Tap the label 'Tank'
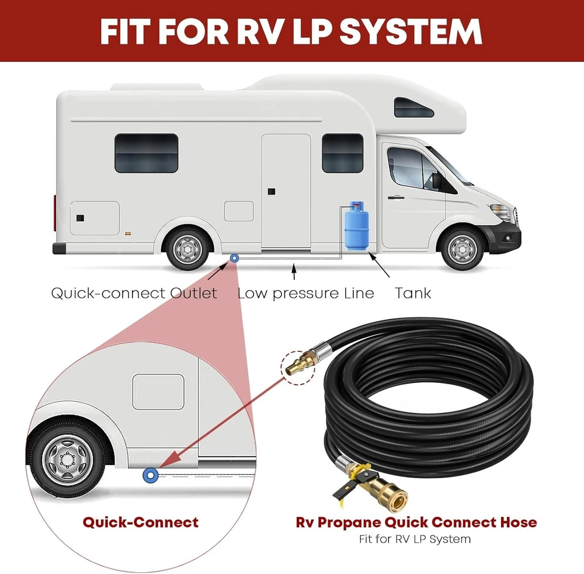tap(413, 293)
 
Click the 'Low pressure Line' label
tap(305, 293)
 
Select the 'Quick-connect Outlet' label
tap(134, 293)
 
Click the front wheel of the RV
tap(463, 248)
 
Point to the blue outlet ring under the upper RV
tap(234, 258)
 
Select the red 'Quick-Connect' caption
tap(140, 521)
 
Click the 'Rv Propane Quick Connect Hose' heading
tap(415, 521)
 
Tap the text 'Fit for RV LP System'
tap(415, 538)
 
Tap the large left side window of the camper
tap(146, 153)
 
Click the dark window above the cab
tap(413, 107)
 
